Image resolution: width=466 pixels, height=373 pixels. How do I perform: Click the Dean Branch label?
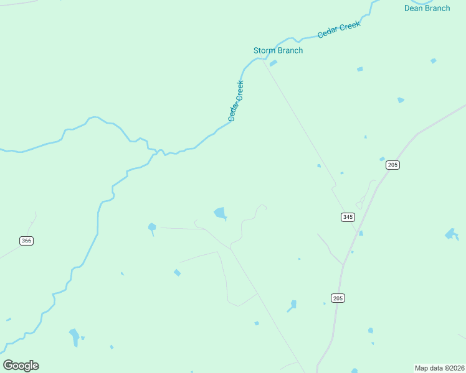[x=427, y=8]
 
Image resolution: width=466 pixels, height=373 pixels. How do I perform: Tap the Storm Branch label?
[x=278, y=50]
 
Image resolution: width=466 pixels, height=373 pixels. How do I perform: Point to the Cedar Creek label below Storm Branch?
[x=235, y=101]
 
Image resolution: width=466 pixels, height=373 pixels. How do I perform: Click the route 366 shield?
[x=26, y=241]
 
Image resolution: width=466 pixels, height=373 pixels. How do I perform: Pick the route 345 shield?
[x=348, y=217]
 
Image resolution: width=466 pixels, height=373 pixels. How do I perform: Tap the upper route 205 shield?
[x=392, y=165]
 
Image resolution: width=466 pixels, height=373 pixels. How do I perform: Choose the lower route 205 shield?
[x=338, y=298]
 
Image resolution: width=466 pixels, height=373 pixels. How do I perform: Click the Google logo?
[x=21, y=366]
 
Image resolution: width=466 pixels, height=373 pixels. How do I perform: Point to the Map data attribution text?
[x=439, y=368]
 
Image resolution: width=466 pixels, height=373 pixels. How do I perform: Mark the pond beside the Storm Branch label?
[x=273, y=63]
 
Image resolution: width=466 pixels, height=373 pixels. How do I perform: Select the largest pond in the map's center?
[x=220, y=214]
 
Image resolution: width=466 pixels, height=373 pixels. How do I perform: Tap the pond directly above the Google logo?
[x=74, y=337]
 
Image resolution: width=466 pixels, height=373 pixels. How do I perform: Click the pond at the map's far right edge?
[x=452, y=234]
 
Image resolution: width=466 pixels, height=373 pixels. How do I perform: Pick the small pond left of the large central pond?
[x=151, y=228]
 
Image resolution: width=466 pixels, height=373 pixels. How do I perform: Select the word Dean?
[x=414, y=8]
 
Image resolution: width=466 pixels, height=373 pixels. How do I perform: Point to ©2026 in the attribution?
[x=454, y=368]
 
